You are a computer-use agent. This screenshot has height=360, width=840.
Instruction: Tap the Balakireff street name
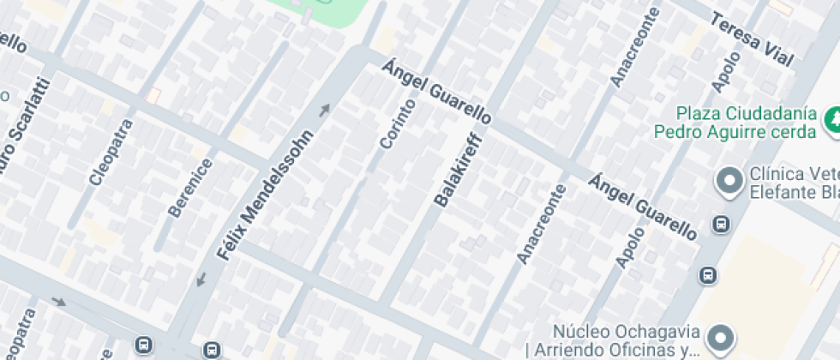[x=459, y=171]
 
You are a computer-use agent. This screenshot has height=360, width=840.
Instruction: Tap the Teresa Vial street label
[x=751, y=39]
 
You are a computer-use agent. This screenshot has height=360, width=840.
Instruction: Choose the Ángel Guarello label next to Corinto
[x=437, y=92]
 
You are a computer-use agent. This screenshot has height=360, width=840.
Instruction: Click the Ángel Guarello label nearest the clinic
[x=643, y=206]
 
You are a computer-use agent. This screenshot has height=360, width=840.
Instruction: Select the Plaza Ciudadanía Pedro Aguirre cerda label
[x=734, y=123]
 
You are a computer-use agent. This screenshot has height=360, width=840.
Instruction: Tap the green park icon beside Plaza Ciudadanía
[x=831, y=121]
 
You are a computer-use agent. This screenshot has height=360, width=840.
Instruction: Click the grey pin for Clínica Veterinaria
[x=729, y=182]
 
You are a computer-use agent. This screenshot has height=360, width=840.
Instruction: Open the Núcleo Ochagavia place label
[x=627, y=340]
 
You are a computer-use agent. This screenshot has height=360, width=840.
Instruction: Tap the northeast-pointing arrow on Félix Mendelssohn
[x=325, y=109]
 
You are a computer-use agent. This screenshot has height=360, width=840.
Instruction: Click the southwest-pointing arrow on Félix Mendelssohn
[x=201, y=279]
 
